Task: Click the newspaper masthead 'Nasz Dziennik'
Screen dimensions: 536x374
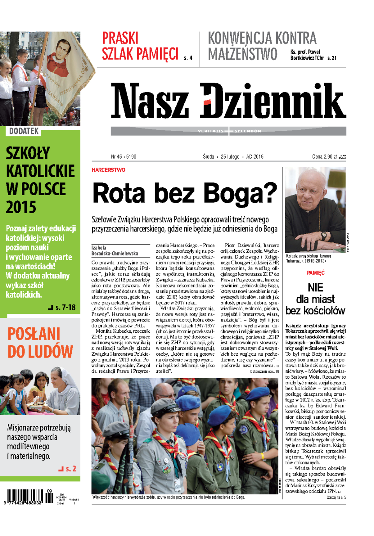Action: tap(228, 100)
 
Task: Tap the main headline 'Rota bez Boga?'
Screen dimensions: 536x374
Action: tap(185, 194)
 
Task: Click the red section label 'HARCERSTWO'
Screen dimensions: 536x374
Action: tap(108, 170)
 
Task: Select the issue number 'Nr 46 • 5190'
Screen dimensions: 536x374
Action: tap(123, 157)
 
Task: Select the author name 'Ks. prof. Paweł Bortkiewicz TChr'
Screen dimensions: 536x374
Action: tap(307, 55)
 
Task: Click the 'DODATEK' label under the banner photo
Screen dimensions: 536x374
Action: tap(24, 131)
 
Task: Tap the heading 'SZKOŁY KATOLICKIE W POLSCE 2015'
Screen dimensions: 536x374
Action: tap(40, 180)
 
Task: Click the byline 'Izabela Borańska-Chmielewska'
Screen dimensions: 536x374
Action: tap(115, 250)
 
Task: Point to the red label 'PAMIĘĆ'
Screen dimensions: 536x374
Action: tap(315, 273)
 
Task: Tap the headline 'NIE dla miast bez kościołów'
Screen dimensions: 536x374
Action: tap(315, 299)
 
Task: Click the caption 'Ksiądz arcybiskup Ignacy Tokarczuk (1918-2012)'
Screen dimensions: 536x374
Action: tap(309, 258)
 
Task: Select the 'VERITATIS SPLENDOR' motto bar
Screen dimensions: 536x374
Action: tap(229, 131)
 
